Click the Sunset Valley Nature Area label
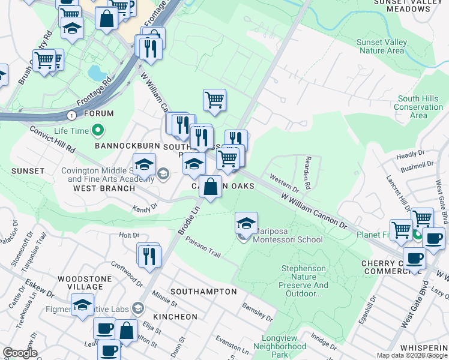click(381, 47)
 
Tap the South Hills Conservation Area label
click(418, 107)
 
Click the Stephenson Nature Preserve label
click(304, 281)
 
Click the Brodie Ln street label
click(187, 221)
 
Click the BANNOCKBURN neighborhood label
click(124, 146)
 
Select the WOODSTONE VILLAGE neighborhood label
click(85, 283)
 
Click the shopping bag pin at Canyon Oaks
click(210, 187)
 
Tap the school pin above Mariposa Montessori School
click(246, 224)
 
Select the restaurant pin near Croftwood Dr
click(148, 255)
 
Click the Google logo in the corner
click(20, 353)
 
